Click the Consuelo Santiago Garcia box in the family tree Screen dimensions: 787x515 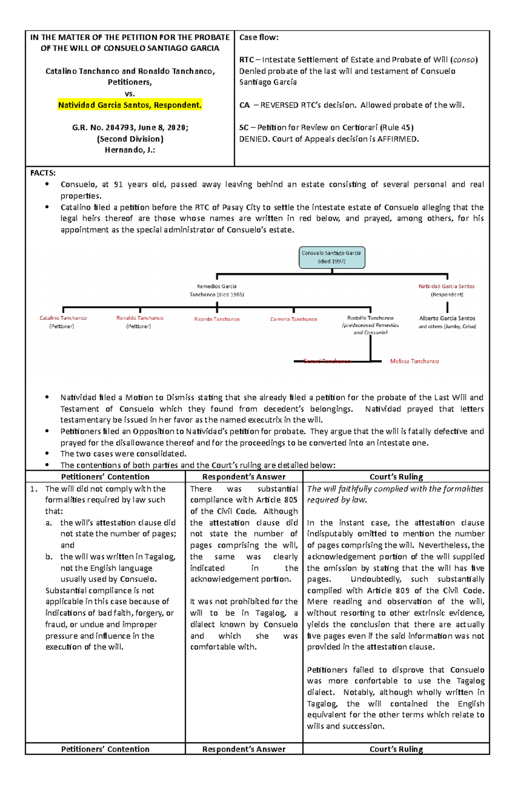point(332,257)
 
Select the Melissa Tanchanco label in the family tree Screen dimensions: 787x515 point(414,361)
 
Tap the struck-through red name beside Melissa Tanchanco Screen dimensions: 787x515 point(327,361)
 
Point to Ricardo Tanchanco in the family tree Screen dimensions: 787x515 point(217,319)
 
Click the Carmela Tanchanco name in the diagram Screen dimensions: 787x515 point(294,319)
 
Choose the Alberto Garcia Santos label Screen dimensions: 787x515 point(447,318)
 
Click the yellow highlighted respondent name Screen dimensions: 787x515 point(130,105)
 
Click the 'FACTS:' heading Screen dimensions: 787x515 point(42,173)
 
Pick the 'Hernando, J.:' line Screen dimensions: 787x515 point(130,150)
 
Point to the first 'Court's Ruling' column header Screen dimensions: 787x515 point(396,476)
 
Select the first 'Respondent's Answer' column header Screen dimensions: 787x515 point(244,476)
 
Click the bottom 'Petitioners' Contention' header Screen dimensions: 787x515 point(105,749)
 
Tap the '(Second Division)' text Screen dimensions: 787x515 point(130,139)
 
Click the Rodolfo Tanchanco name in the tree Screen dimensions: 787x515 point(370,318)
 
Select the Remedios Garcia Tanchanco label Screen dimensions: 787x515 point(217,290)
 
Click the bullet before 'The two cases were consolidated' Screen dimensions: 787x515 point(47,454)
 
